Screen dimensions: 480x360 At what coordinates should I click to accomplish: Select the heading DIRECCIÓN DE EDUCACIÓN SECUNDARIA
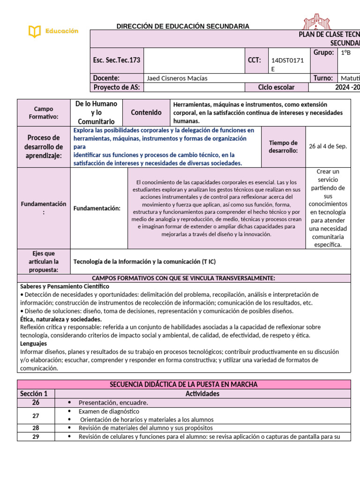tap(183, 26)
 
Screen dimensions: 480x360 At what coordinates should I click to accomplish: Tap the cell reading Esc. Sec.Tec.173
tap(117, 60)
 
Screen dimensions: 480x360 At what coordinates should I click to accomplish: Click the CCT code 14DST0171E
tap(285, 64)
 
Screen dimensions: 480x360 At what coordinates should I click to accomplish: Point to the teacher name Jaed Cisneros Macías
tap(177, 78)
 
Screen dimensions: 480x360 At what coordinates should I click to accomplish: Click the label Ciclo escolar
tap(276, 87)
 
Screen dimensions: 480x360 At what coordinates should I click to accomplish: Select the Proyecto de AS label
tap(117, 87)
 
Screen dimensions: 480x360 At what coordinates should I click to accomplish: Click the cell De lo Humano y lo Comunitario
tap(96, 112)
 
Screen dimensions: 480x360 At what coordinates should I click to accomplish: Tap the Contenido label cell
tap(146, 112)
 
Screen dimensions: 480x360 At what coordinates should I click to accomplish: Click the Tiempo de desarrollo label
tap(283, 147)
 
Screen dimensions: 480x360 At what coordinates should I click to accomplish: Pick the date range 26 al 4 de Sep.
tap(328, 146)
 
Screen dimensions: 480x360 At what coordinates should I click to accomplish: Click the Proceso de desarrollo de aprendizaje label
tap(44, 147)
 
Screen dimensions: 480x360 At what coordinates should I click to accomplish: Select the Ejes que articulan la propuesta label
tap(44, 262)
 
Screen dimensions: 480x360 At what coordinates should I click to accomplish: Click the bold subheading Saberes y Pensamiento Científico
tap(65, 286)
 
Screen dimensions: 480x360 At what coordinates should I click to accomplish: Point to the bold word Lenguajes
tap(33, 344)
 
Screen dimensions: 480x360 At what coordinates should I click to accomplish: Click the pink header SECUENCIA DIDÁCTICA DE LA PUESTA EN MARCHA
tap(183, 384)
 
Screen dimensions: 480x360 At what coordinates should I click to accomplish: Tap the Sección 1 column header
tap(36, 394)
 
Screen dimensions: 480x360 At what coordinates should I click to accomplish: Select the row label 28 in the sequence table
tap(36, 428)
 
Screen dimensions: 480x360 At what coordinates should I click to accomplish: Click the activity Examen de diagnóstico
tap(109, 411)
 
